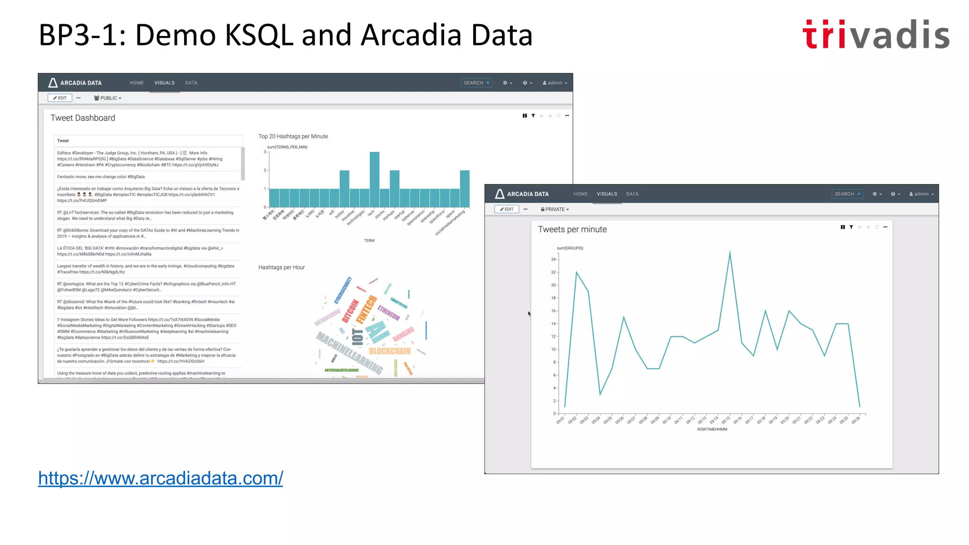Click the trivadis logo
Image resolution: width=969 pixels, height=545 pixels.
(876, 35)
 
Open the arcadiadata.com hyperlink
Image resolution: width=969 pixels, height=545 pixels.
(160, 478)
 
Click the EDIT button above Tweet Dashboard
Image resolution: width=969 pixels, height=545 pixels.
(60, 98)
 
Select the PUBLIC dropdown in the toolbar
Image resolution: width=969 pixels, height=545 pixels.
(108, 98)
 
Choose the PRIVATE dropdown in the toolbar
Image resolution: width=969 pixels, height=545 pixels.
(555, 209)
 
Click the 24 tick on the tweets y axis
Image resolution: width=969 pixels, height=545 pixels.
(553, 259)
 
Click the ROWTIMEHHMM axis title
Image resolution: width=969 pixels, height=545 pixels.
(712, 430)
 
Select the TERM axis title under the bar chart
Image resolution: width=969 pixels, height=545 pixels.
(369, 241)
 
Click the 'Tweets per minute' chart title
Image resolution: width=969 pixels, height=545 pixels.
(572, 229)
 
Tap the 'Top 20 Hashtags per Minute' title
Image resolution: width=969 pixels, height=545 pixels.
(293, 136)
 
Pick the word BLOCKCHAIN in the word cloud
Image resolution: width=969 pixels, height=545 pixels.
(389, 351)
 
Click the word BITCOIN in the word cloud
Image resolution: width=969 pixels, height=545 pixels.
(351, 311)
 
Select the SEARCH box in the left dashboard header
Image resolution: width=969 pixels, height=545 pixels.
(476, 83)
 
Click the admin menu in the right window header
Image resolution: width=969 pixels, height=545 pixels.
(921, 194)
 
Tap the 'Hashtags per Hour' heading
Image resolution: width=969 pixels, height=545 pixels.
(282, 267)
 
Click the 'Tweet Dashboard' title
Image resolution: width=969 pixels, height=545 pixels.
(83, 118)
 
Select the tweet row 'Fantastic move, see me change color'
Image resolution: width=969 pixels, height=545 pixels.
(101, 177)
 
